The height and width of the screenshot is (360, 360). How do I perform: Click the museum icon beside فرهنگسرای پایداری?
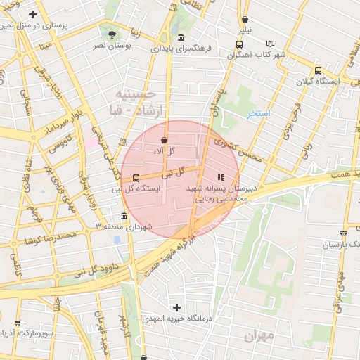(x=181, y=37)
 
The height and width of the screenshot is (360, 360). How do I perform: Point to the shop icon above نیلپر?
(x=245, y=20)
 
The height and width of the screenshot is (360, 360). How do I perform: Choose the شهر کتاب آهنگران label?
(x=259, y=54)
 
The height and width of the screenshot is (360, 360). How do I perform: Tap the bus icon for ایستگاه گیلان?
(x=319, y=70)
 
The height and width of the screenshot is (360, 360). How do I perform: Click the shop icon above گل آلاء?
(x=164, y=140)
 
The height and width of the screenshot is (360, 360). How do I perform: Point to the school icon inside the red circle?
(x=220, y=177)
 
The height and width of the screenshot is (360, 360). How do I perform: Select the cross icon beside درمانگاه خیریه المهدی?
(x=176, y=307)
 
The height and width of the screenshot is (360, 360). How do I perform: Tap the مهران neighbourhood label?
(x=257, y=336)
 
